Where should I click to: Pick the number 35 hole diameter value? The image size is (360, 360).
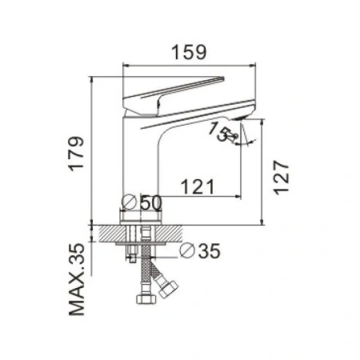click(208, 252)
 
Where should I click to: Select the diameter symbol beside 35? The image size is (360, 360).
click(186, 251)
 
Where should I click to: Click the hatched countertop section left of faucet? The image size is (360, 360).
click(106, 233)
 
